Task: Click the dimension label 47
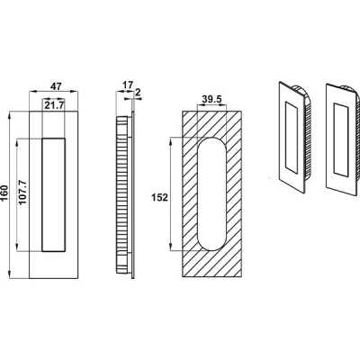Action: tap(56, 86)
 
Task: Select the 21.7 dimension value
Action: tap(54, 105)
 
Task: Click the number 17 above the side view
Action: tap(127, 85)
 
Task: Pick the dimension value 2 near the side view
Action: tap(138, 93)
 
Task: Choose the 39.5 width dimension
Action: tap(211, 99)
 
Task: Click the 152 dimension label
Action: tap(159, 198)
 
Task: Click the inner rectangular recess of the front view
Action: tap(53, 194)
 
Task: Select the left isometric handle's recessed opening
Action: tap(292, 138)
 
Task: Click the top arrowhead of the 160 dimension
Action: tap(10, 115)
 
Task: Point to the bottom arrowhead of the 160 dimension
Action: tap(10, 274)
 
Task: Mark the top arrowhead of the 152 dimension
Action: tap(171, 141)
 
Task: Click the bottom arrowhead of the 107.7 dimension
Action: tap(17, 247)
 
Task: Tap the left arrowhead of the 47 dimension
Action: tap(32, 91)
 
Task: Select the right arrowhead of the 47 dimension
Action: tap(75, 91)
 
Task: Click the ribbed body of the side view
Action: tap(122, 194)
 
